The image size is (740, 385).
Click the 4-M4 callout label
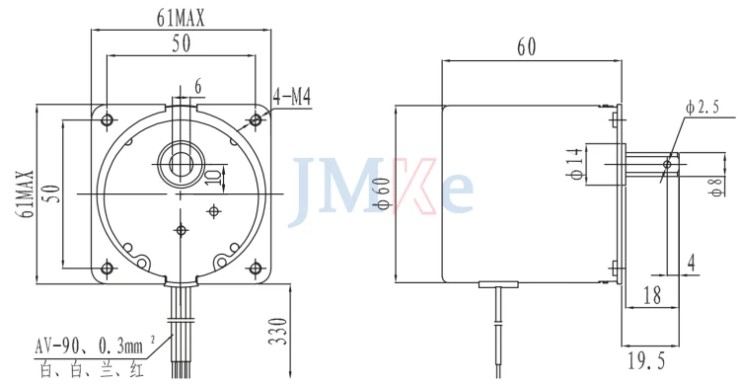pos(292,98)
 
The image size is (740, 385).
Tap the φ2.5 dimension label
pos(703,109)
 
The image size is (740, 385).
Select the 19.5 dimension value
pos(646,361)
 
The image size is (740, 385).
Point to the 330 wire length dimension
pos(279,331)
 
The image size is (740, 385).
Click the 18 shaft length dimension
pos(652,296)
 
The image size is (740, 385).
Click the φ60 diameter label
pos(384,192)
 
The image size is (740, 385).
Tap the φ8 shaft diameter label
pos(718,186)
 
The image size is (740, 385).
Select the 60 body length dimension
pos(527,47)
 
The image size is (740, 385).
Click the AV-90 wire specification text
pos(88,346)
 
